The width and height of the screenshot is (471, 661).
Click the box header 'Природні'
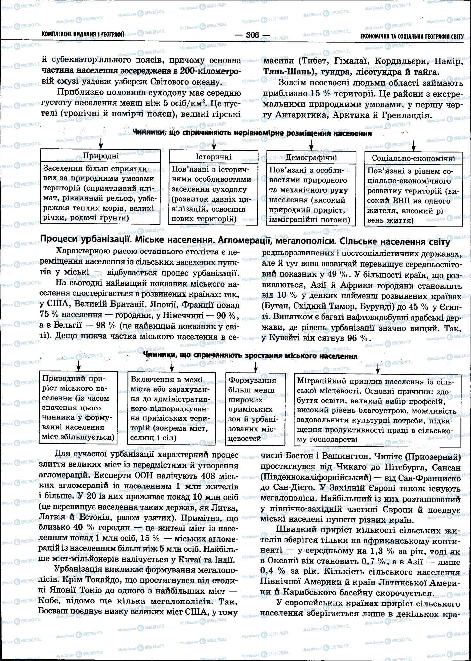[x=101, y=156]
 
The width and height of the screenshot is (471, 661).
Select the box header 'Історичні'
[x=214, y=156]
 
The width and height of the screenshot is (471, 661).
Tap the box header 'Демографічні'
[x=311, y=157]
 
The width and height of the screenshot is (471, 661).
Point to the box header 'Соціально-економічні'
[x=413, y=158]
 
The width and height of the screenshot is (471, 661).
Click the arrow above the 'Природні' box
[x=101, y=143]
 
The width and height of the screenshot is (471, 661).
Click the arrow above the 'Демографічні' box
[x=311, y=144]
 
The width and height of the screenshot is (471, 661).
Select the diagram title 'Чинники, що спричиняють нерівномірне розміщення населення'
[x=252, y=133]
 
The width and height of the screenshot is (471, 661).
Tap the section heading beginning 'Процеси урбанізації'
[x=245, y=242]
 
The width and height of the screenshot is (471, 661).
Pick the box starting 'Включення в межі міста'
[x=172, y=408]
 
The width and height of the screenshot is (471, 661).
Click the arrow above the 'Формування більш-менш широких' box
[x=255, y=367]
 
